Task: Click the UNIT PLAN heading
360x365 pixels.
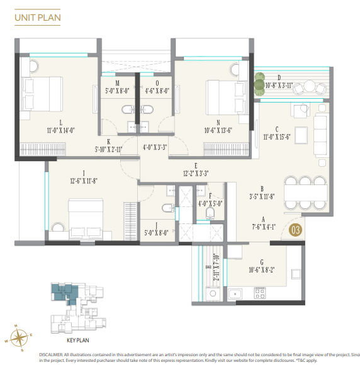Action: click(x=38, y=18)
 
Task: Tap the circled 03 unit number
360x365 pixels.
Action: click(x=295, y=230)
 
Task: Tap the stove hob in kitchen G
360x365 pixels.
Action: click(x=259, y=292)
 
